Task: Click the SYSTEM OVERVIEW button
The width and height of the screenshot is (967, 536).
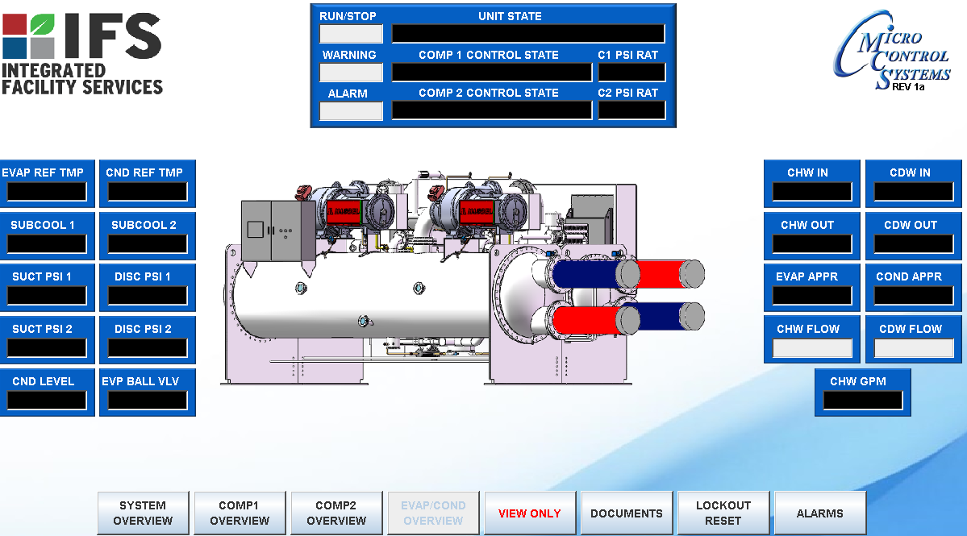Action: (143, 513)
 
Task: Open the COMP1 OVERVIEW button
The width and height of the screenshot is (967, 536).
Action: (240, 513)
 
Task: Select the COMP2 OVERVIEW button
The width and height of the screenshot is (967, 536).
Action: (336, 513)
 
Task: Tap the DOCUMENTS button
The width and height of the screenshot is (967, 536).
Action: (627, 513)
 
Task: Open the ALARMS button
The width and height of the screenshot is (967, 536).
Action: (820, 513)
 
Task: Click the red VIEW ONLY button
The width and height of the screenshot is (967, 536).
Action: (530, 513)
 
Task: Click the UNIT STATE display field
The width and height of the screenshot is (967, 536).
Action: (528, 34)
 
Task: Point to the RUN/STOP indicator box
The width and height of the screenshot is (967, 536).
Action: (351, 34)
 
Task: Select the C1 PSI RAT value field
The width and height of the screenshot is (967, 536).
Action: (631, 73)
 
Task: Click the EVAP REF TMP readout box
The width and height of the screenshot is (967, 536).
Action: (47, 192)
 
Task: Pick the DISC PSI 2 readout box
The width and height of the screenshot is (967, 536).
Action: (148, 348)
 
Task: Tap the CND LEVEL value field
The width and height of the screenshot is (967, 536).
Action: (47, 401)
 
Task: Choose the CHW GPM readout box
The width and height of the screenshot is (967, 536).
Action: (862, 401)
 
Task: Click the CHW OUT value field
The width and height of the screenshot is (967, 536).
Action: (812, 244)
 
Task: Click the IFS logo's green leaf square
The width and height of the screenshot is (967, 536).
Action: (42, 23)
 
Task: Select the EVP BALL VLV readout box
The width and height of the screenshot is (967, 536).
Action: (148, 401)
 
